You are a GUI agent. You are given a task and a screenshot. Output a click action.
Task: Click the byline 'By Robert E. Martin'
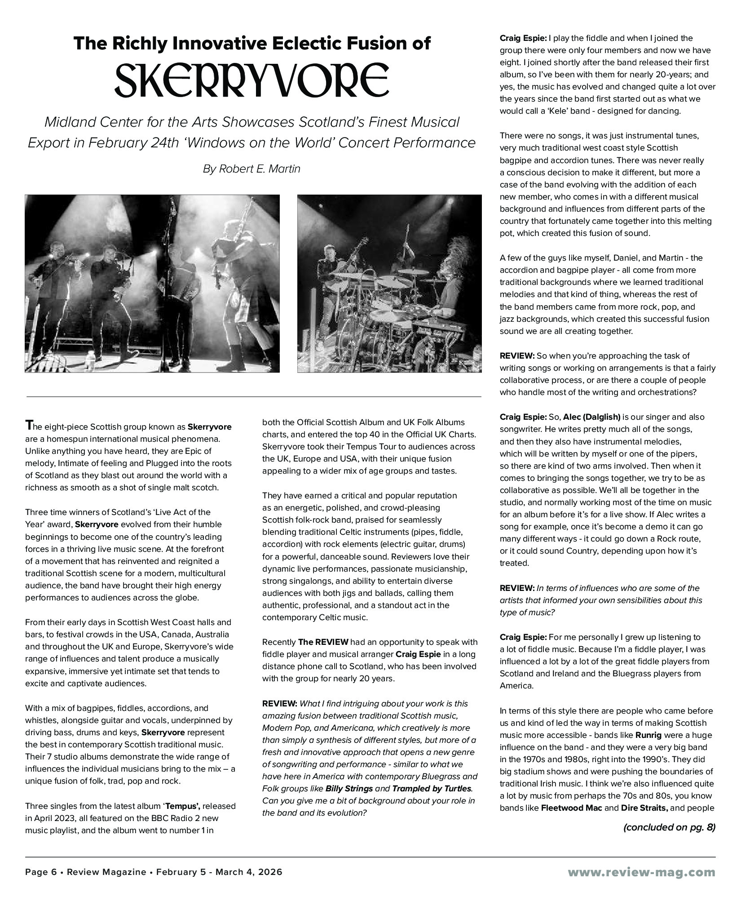(x=251, y=169)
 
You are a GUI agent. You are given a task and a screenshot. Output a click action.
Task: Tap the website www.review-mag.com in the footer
(x=641, y=872)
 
